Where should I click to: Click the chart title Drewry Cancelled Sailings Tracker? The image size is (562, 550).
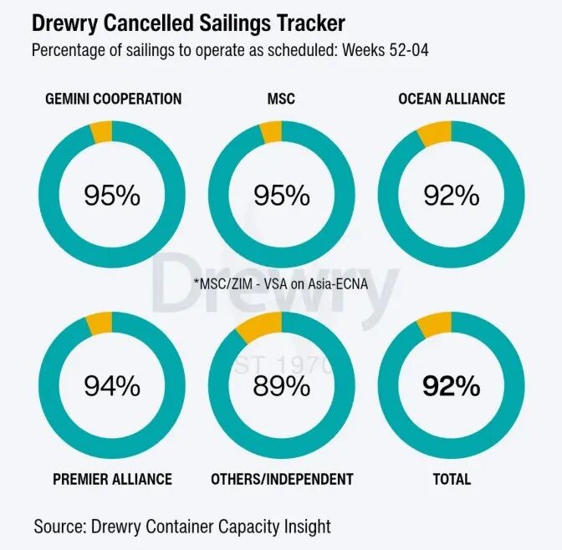point(188,22)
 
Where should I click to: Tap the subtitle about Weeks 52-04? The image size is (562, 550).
point(231,50)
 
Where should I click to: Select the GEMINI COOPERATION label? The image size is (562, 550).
point(113,99)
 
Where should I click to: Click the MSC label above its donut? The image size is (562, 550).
point(282,99)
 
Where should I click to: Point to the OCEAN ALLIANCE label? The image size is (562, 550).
point(452,99)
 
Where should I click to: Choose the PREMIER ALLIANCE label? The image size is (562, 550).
point(112,479)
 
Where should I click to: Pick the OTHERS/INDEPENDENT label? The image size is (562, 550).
point(282,479)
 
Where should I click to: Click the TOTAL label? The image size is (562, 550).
point(452,479)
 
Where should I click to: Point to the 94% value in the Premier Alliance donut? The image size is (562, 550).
point(112,386)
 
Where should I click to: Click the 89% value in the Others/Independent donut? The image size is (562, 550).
point(282,386)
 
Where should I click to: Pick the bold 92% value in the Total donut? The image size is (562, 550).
point(452,386)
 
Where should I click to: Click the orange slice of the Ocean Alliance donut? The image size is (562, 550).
point(435,131)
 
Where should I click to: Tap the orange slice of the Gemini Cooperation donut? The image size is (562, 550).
point(101,130)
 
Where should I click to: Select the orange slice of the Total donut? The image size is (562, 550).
point(435,322)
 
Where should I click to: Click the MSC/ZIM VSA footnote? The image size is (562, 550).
point(282,283)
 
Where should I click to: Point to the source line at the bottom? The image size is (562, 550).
point(182,527)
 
